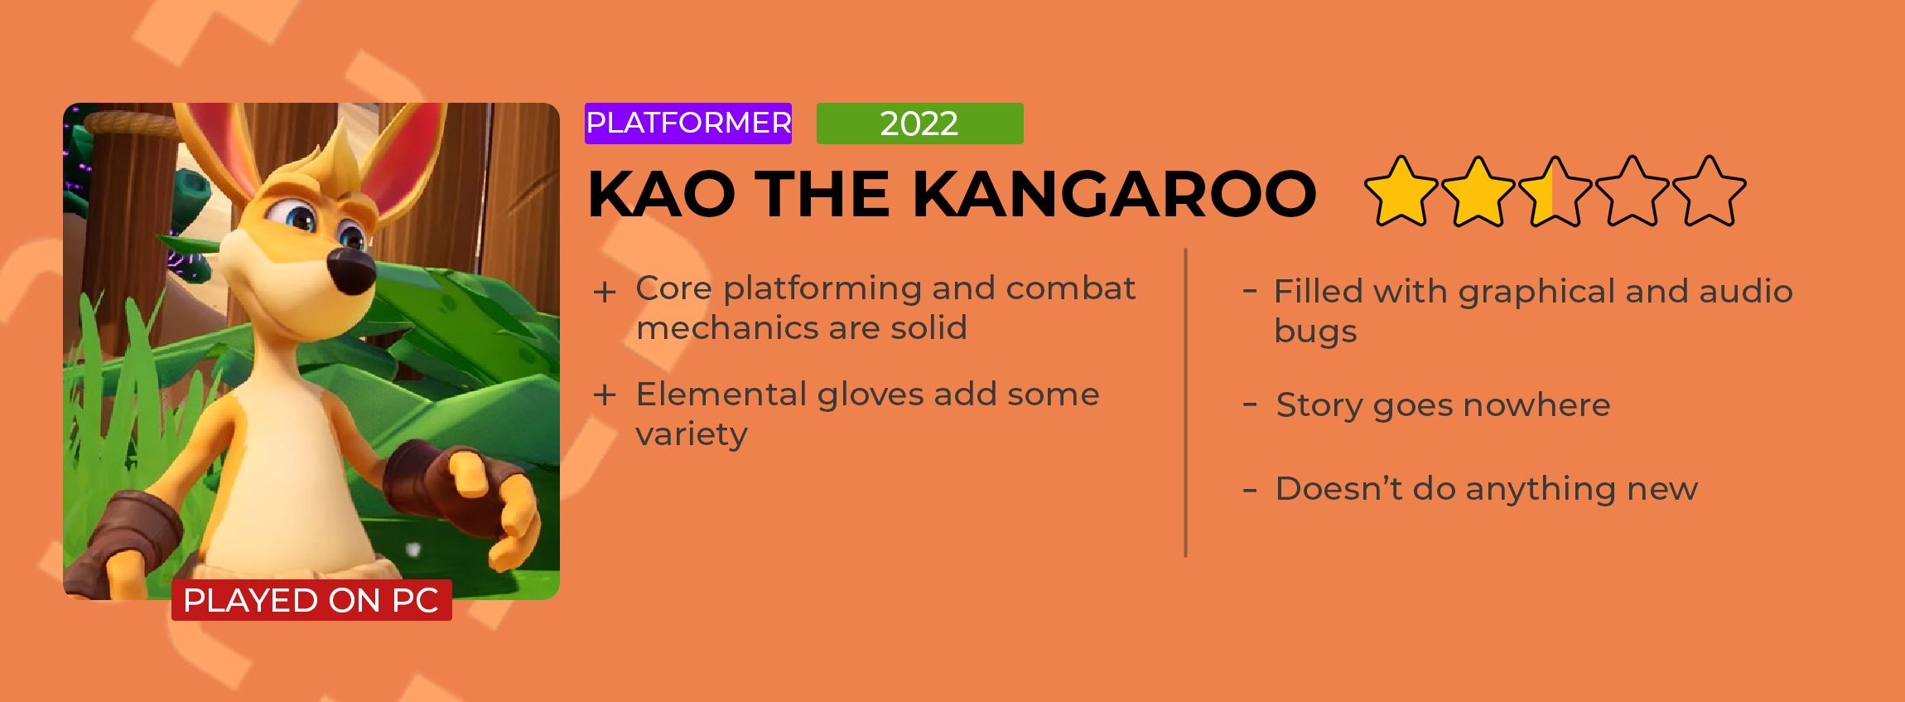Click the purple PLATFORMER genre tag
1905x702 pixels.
[688, 123]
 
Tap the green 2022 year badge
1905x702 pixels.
[919, 123]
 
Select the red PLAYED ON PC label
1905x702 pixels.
[311, 600]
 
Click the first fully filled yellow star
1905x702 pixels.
[1401, 191]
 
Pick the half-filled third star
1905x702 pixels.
[1555, 191]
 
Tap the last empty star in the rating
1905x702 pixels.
[1709, 191]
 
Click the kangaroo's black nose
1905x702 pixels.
[352, 270]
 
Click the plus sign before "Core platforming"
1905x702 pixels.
[605, 293]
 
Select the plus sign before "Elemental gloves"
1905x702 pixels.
[605, 395]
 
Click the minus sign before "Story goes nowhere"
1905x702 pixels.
[1251, 406]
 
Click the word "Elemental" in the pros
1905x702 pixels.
[720, 395]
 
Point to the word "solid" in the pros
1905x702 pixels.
[928, 327]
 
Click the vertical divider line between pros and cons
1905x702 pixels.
[1186, 403]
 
